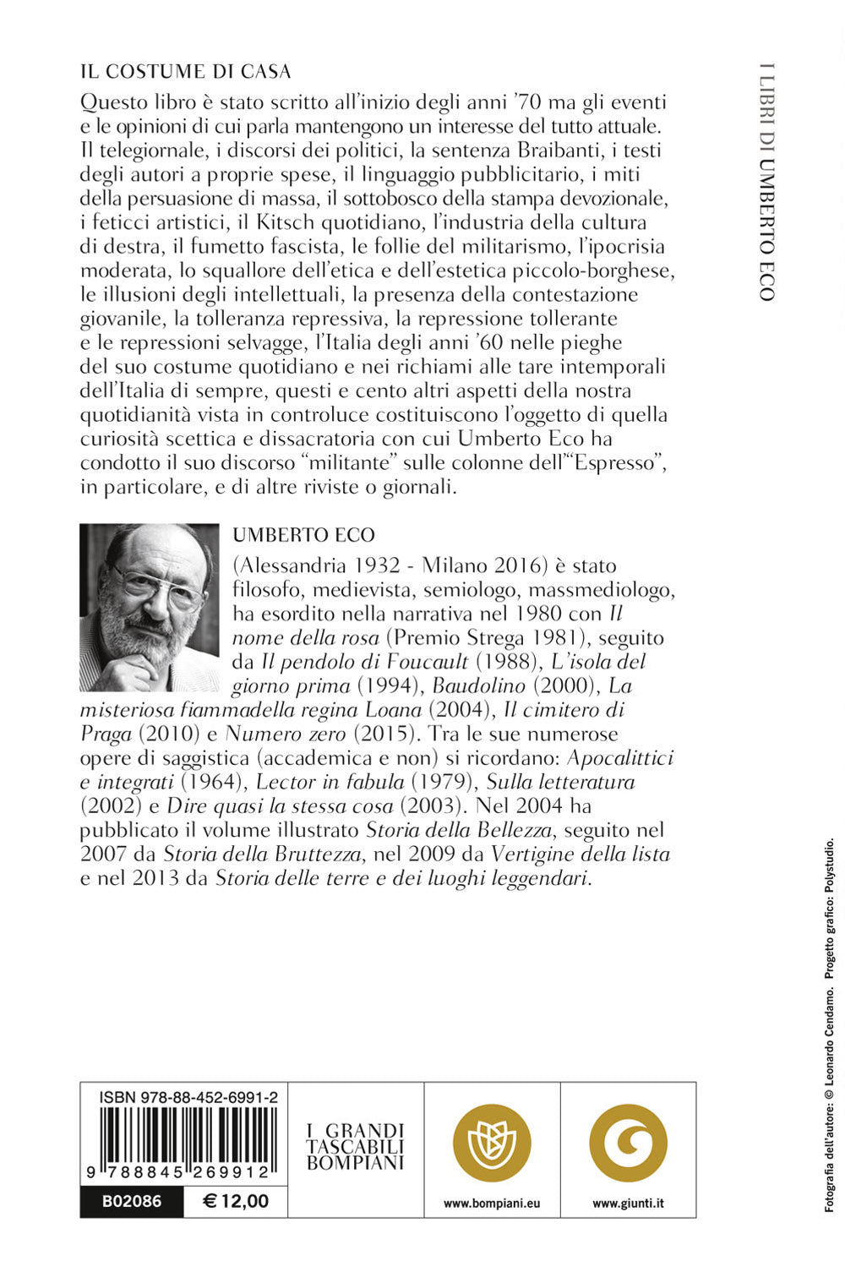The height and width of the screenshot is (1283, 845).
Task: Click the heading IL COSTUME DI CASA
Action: pos(186,71)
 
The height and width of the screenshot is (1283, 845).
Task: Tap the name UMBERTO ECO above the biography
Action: pos(303,535)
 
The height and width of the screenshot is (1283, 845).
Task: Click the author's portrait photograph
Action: pos(149,607)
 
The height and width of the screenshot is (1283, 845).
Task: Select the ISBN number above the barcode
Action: pos(188,1097)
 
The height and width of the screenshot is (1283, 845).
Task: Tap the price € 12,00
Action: pos(236,1201)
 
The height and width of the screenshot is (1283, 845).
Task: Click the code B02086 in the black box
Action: pos(131,1201)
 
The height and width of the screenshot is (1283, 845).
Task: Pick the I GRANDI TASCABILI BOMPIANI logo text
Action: pos(356,1146)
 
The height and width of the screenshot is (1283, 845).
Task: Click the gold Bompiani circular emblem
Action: pos(492,1143)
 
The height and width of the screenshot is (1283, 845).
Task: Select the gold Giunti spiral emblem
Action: pos(628,1143)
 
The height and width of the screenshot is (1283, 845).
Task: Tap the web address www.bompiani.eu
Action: pos(492,1204)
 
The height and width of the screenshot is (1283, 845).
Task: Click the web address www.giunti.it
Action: pos(628,1204)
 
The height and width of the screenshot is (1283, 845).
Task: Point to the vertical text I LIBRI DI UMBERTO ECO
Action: pos(766,182)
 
